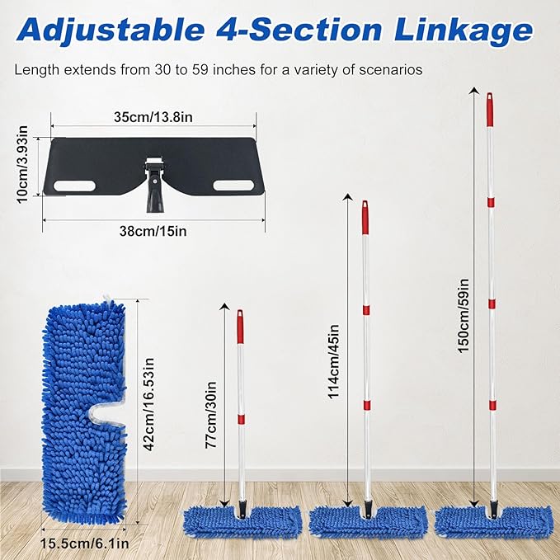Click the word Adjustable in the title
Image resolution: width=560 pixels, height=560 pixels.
[x=110, y=31]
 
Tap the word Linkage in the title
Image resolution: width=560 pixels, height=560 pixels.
[x=464, y=31]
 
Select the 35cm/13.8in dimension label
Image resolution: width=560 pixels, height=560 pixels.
[x=153, y=117]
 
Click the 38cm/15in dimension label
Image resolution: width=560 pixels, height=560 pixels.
[x=153, y=231]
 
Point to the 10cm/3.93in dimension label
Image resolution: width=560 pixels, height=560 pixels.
[x=22, y=165]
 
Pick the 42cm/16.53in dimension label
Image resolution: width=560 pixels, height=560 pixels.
[x=148, y=405]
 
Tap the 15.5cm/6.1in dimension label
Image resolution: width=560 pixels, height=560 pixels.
[x=84, y=544]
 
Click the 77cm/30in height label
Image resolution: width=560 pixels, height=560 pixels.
[x=210, y=415]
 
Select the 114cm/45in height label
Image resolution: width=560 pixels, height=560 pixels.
[x=333, y=361]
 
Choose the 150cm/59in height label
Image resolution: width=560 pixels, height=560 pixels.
[x=463, y=316]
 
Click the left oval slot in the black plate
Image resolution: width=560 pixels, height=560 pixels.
[x=74, y=186]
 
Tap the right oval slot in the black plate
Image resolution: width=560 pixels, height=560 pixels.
[x=234, y=186]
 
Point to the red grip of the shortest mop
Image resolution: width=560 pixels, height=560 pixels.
[x=240, y=327]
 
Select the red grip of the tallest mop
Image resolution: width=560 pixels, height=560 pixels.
[x=490, y=110]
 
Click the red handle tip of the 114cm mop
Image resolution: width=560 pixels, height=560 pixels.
[x=365, y=217]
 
